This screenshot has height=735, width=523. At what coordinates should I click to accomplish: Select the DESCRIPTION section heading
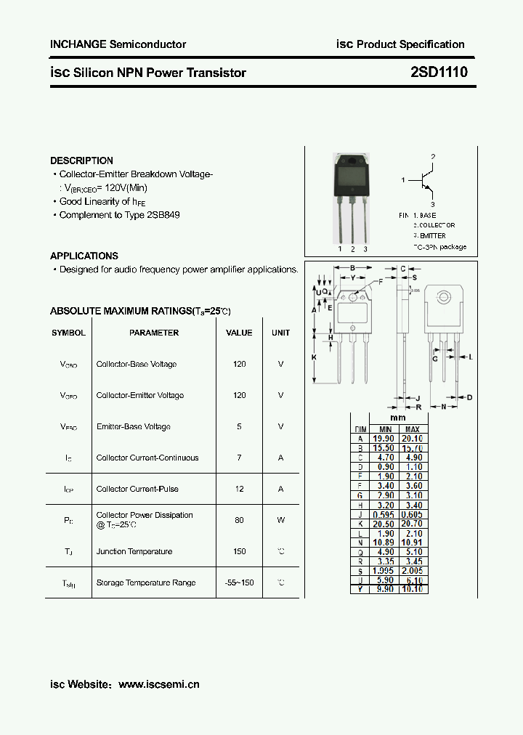pos(81,161)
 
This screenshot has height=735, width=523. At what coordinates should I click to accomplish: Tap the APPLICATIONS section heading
pos(84,256)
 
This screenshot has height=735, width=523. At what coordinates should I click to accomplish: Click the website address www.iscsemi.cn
pos(158,684)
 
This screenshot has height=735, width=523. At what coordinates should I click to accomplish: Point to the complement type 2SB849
pos(163,215)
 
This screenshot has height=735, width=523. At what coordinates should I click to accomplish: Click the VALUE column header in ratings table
pos(239,333)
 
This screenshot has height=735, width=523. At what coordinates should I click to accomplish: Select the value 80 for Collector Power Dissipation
pos(239,520)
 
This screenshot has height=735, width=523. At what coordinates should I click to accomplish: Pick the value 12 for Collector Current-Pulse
pos(239,489)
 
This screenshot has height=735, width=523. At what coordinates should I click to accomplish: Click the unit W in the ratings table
pos(280,520)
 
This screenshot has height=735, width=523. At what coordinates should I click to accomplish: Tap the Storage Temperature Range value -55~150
pos(239,582)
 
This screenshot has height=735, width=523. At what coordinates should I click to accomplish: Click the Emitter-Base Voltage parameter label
pos(133,426)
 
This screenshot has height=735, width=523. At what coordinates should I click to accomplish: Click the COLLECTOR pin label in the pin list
pos(436,226)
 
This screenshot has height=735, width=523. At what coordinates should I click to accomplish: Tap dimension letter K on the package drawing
pos(315,357)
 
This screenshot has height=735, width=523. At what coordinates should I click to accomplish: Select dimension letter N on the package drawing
pos(444,407)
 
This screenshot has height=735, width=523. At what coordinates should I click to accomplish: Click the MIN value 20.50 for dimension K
pos(383,523)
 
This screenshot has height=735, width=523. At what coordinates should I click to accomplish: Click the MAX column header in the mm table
pos(412,429)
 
